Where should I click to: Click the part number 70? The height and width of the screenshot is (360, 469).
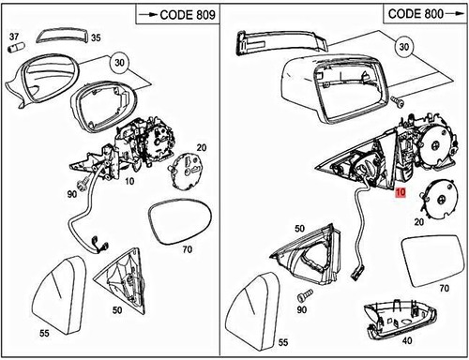click(186, 250)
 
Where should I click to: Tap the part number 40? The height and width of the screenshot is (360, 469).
click(407, 342)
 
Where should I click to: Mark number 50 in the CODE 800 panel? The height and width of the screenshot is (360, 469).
click(299, 228)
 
